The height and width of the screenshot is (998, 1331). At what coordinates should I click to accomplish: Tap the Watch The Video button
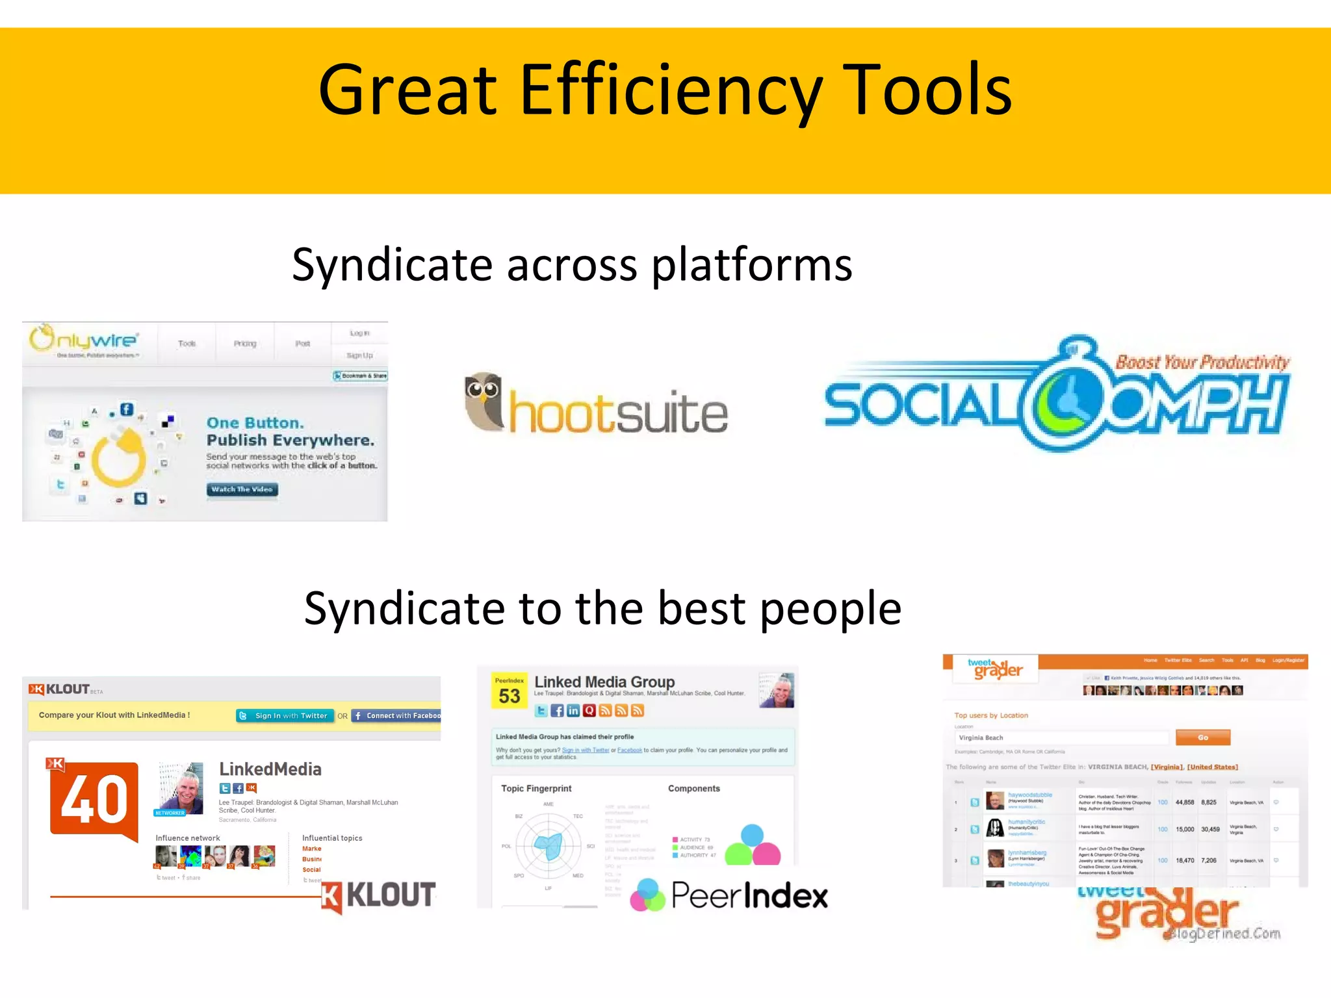click(242, 489)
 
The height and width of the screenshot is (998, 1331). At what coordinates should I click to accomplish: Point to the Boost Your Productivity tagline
click(1202, 362)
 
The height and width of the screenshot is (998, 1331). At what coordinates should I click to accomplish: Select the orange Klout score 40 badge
click(94, 799)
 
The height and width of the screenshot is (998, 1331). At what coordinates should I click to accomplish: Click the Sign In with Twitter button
click(285, 715)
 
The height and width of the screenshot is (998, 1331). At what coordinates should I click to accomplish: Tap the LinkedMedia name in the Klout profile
click(270, 769)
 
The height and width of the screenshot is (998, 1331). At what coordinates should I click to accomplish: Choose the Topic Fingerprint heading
click(536, 788)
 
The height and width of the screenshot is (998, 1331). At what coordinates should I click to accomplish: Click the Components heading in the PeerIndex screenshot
click(693, 788)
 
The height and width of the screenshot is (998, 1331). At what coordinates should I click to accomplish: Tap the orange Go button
click(1202, 737)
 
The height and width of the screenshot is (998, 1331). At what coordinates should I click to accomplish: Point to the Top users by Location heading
click(990, 715)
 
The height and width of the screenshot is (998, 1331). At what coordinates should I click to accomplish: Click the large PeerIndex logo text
click(749, 895)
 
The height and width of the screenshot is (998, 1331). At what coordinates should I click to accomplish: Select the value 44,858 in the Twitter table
click(1184, 802)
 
